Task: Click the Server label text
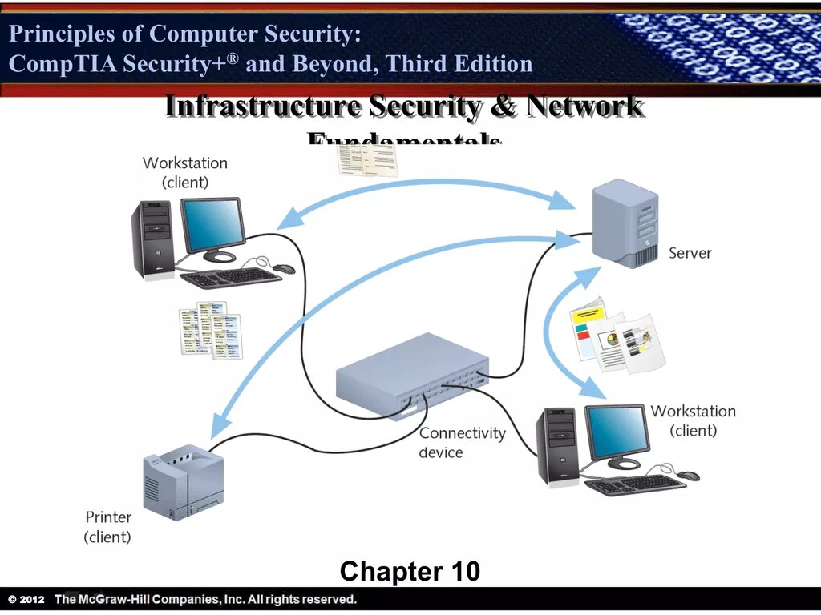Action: [x=690, y=253]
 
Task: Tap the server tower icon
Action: [x=624, y=223]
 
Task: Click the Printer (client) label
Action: [x=107, y=527]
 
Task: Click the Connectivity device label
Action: [x=462, y=443]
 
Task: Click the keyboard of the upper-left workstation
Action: [x=230, y=278]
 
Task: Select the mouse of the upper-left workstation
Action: [x=284, y=269]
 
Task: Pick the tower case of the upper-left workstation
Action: [x=154, y=239]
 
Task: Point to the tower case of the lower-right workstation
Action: [x=557, y=447]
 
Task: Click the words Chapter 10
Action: [x=410, y=572]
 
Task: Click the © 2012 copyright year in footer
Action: [x=27, y=599]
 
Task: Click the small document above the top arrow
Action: [x=366, y=160]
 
